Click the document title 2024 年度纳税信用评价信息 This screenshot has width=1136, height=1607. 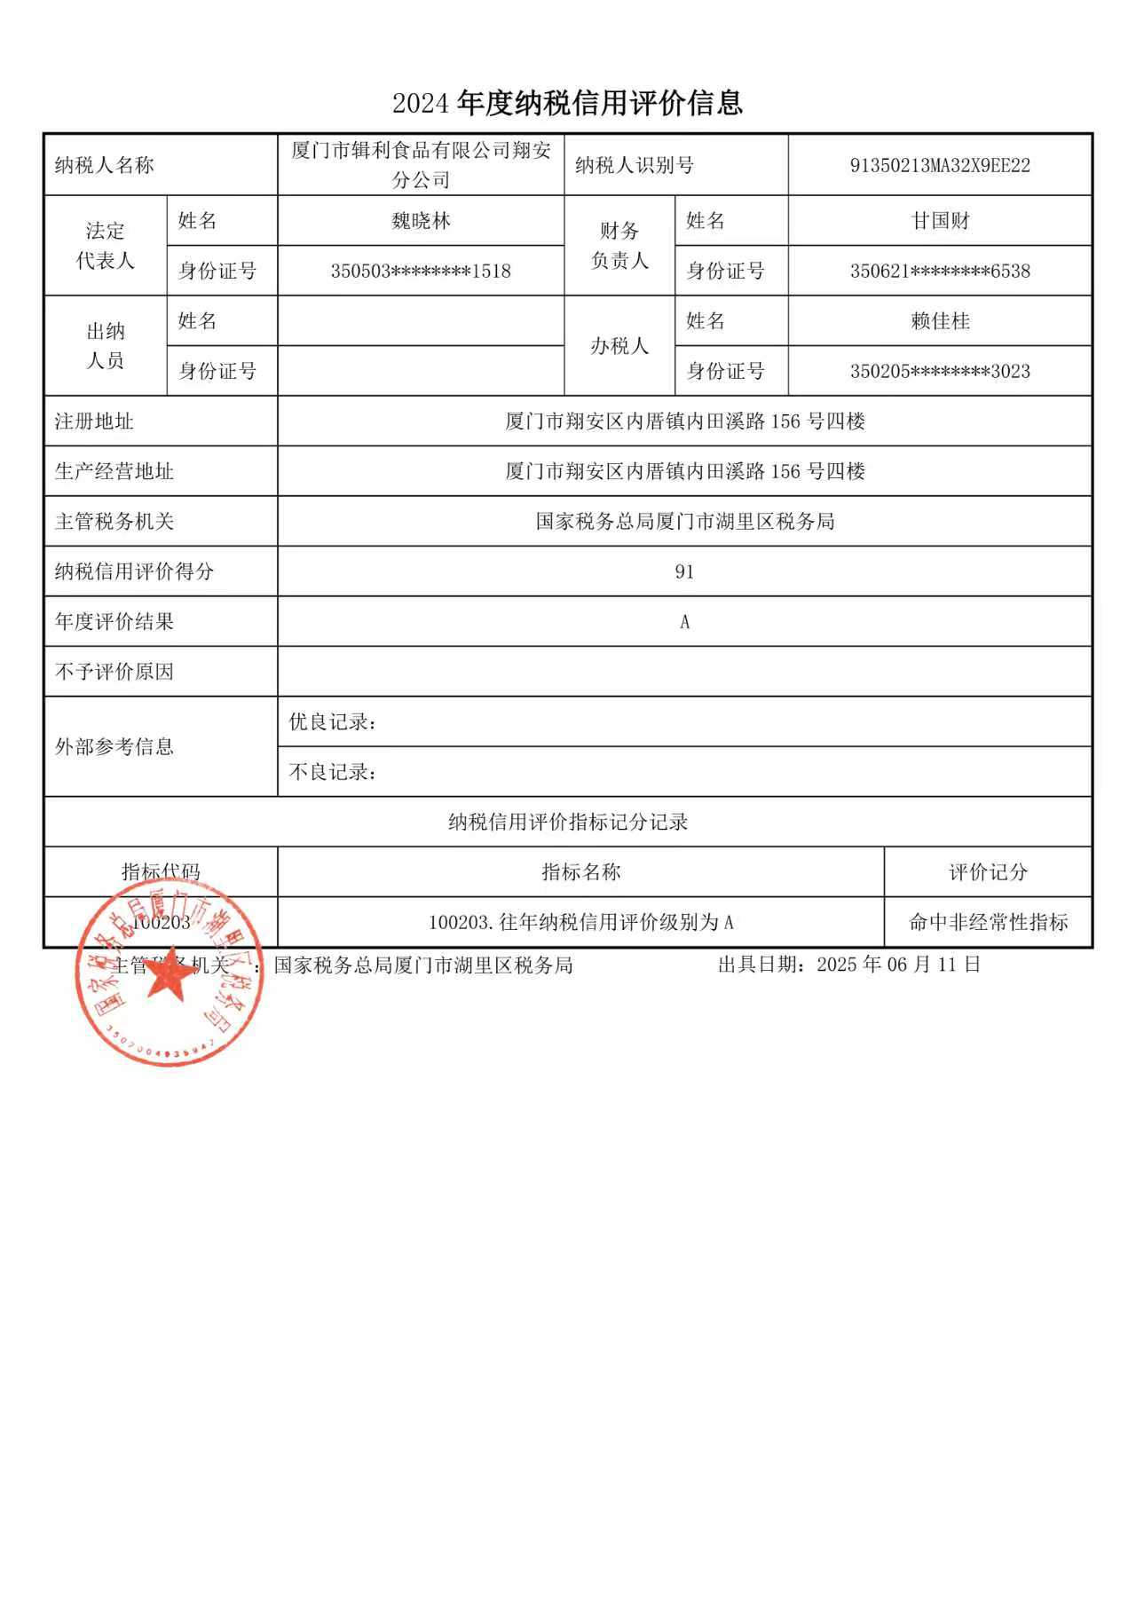pyautogui.click(x=567, y=104)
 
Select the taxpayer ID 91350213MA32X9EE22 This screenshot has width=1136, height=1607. pyautogui.click(x=940, y=166)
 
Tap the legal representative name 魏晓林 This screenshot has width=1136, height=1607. pyautogui.click(x=421, y=221)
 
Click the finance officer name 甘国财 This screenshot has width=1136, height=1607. pyautogui.click(x=940, y=221)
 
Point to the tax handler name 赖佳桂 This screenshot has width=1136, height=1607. pyautogui.click(x=940, y=321)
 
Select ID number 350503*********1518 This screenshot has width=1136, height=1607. pyautogui.click(x=421, y=272)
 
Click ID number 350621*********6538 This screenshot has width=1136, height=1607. pyautogui.click(x=940, y=272)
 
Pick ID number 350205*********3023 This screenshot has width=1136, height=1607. pyautogui.click(x=940, y=372)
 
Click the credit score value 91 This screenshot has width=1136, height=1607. pyautogui.click(x=684, y=572)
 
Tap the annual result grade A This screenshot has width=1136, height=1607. pyautogui.click(x=684, y=622)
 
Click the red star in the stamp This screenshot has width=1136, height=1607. pyautogui.click(x=170, y=975)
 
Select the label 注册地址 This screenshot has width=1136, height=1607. pyautogui.click(x=94, y=421)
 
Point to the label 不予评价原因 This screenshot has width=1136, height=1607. pyautogui.click(x=114, y=672)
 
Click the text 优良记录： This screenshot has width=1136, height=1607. pyautogui.click(x=333, y=722)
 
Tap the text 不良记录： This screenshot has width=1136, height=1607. pyautogui.click(x=333, y=772)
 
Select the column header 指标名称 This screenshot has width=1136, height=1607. pyautogui.click(x=581, y=872)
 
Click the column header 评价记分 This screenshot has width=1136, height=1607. pyautogui.click(x=988, y=872)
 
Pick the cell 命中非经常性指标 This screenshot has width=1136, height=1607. pyautogui.click(x=988, y=923)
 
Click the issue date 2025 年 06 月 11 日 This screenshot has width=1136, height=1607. pyautogui.click(x=897, y=965)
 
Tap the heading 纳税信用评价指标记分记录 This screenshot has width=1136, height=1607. pyautogui.click(x=568, y=823)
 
